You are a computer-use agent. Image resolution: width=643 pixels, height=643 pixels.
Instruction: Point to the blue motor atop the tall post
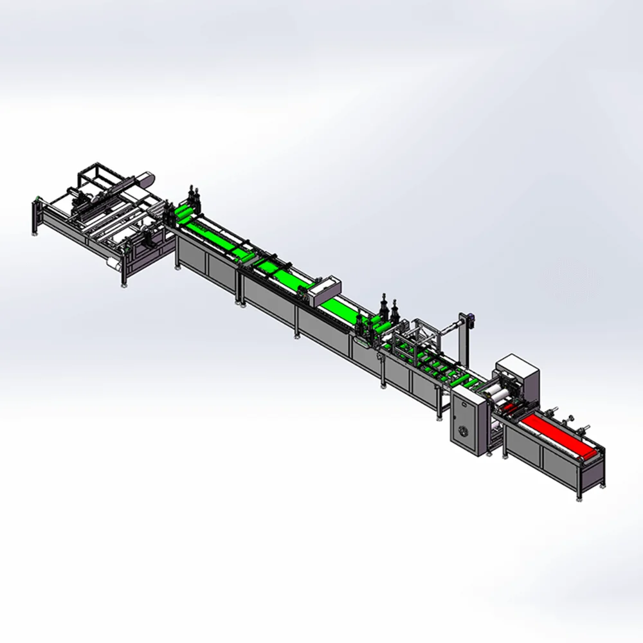(470, 317)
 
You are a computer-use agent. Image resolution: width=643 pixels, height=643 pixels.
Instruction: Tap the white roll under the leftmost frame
(113, 264)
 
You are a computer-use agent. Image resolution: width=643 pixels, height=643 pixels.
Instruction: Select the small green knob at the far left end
(38, 197)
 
